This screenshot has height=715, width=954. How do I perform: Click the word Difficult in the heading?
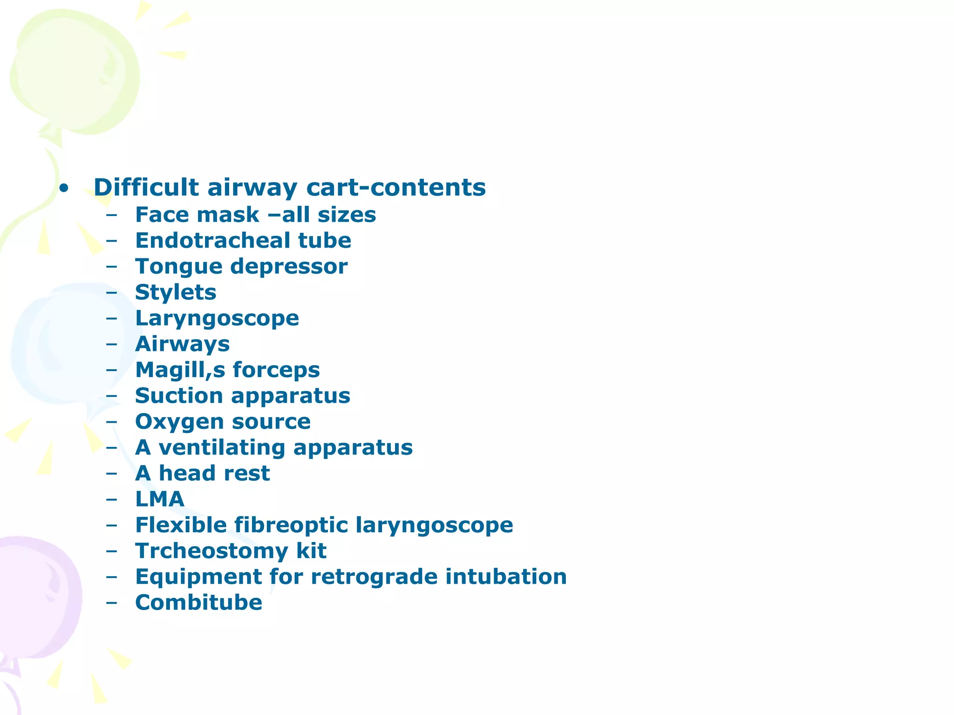[x=146, y=187]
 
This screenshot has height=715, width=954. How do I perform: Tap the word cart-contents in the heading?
[x=396, y=187]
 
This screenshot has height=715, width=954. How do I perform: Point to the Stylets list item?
[x=176, y=292]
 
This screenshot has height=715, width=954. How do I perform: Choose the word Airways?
[x=182, y=344]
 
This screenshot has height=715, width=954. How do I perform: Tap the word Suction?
[x=179, y=396]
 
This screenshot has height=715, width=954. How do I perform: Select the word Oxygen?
[x=179, y=422]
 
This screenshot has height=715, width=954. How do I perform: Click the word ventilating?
[x=222, y=447]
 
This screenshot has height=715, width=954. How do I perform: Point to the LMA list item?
[x=159, y=499]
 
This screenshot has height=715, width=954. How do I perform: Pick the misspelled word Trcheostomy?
[x=211, y=551]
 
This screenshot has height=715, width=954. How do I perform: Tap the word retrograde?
[x=374, y=577]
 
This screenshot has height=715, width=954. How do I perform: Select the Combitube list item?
[x=198, y=602]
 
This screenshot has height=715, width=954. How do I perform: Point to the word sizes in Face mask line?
[x=347, y=215]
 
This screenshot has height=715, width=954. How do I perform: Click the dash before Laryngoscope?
[x=111, y=319]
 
